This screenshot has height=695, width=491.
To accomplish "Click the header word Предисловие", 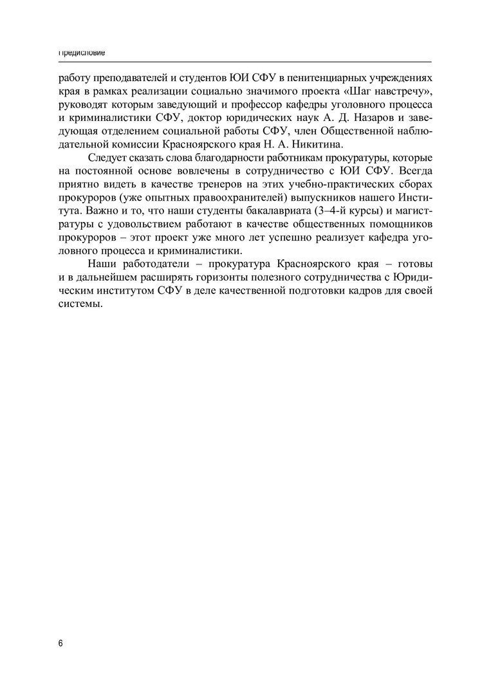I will coord(82,52).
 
